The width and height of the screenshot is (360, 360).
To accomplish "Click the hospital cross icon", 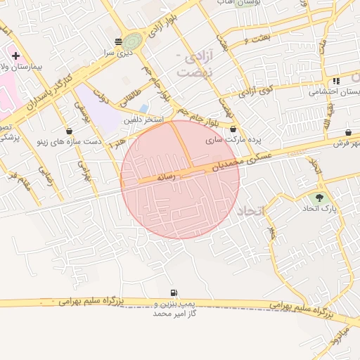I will (x=15, y=55).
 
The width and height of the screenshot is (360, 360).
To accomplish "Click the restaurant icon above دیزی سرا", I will (x=118, y=41).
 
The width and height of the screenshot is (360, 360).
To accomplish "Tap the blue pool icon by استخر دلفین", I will (x=144, y=109).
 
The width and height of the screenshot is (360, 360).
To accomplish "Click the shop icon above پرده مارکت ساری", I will (x=233, y=129).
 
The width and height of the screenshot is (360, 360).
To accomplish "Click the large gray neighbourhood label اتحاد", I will (x=249, y=211).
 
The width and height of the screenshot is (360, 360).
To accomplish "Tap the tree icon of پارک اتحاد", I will (x=321, y=198).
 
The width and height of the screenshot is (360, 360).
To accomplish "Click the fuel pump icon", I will (x=173, y=292).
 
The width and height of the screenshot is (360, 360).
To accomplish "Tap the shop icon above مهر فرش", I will (x=349, y=133).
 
